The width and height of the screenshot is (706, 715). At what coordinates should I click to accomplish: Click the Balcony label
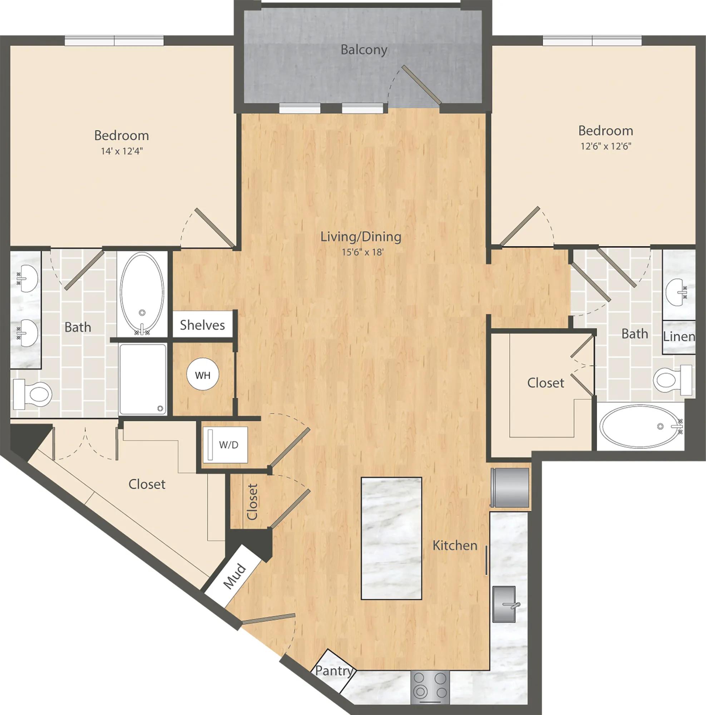(x=364, y=50)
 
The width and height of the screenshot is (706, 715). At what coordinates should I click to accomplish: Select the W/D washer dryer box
(x=225, y=444)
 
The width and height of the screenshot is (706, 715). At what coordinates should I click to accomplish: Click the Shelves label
(x=202, y=325)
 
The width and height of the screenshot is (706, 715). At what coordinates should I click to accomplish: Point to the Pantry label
(x=334, y=670)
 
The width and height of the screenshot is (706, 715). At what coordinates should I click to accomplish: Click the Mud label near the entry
(x=234, y=576)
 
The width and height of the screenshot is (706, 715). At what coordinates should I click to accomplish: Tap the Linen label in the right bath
(x=679, y=336)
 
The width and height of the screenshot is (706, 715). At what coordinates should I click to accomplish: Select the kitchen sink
(x=504, y=604)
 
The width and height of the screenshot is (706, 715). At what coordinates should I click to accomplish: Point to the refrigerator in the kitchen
(x=510, y=487)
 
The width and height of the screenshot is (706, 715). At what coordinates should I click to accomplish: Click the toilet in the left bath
(x=32, y=394)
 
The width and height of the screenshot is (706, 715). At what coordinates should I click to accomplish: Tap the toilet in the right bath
(x=673, y=380)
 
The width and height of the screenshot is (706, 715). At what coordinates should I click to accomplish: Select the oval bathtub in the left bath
(x=142, y=294)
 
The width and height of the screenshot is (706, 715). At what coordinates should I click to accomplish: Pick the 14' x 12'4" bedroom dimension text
(x=122, y=151)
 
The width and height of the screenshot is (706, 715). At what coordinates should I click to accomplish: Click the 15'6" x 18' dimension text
(x=362, y=252)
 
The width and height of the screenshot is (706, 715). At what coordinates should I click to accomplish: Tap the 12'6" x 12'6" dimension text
(x=606, y=146)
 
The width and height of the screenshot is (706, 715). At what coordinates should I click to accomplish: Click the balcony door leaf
(x=422, y=85)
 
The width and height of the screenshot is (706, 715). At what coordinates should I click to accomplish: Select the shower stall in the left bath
(x=143, y=379)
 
